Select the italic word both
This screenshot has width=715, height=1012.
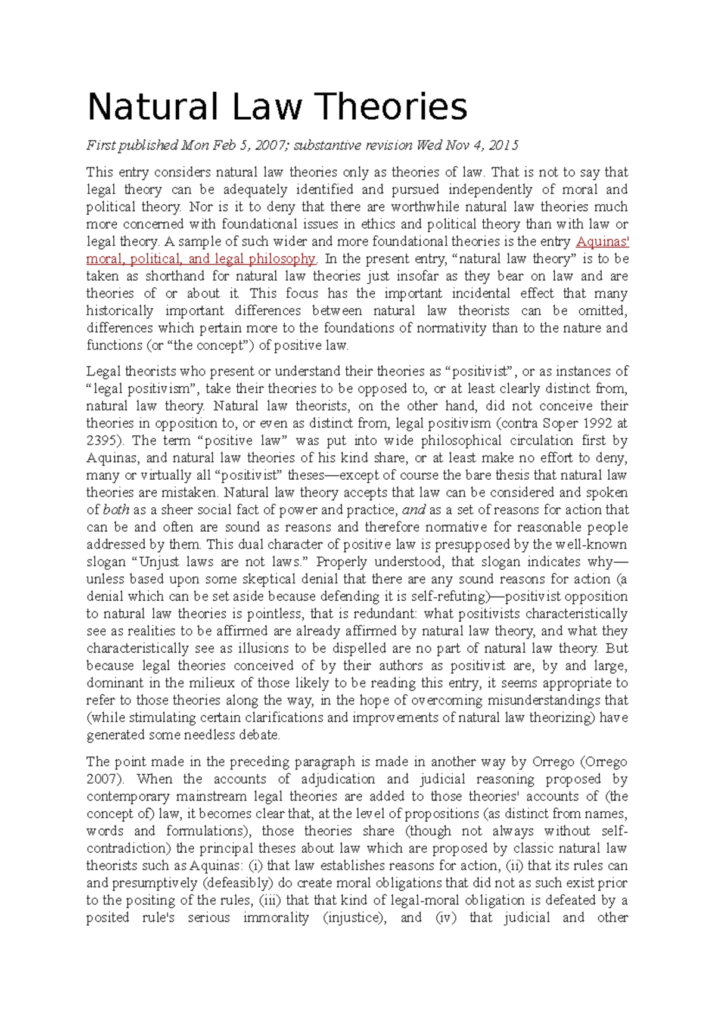(x=116, y=510)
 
